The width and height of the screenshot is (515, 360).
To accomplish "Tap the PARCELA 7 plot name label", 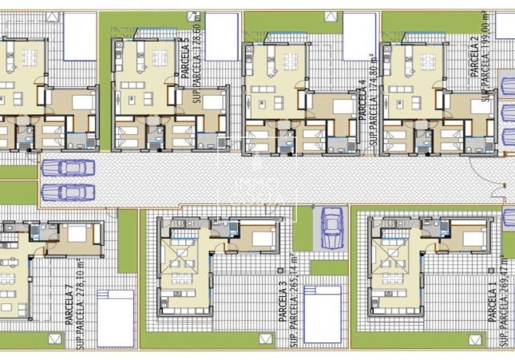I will coord(69,302).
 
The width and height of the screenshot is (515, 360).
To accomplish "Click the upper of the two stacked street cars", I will coord(61,168).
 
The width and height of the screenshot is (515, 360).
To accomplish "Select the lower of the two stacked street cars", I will coord(61,192).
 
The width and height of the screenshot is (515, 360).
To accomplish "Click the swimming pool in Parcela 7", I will coord(115,317).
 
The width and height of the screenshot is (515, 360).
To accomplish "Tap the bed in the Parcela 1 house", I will coord(473,236).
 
